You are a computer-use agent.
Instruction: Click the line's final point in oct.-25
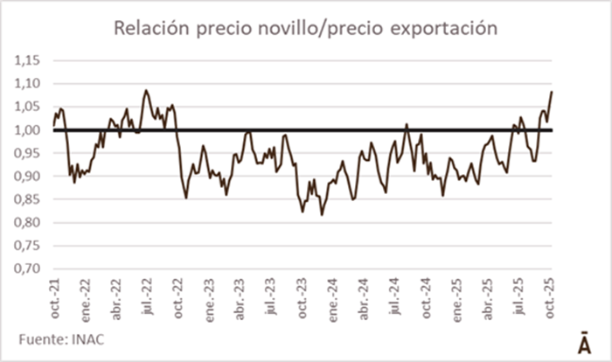(x=553, y=91)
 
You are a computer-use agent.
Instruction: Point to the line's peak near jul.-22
(x=146, y=90)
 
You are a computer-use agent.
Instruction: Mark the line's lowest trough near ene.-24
(x=322, y=215)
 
